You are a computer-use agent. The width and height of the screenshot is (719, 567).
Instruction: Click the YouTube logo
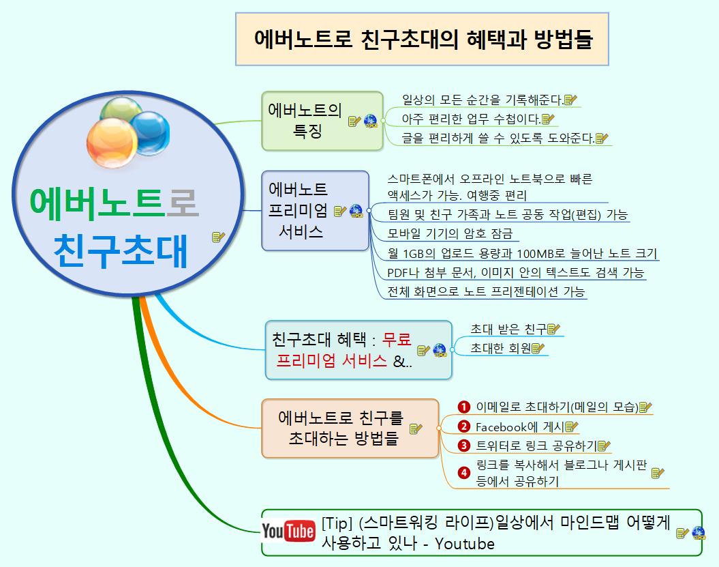pos(288,532)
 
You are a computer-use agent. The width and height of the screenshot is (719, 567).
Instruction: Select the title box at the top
pos(422,39)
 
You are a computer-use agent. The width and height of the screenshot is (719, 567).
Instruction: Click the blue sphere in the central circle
pos(150,132)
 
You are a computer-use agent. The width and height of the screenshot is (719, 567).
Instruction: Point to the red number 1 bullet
pos(464,407)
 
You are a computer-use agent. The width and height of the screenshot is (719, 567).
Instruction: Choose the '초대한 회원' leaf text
pos(500,349)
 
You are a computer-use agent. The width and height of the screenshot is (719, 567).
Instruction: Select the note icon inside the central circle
pos(218,237)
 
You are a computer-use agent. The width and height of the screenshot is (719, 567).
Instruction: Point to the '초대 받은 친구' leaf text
pos(508,330)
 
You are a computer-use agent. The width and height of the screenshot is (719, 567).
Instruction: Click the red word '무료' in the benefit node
pos(397,338)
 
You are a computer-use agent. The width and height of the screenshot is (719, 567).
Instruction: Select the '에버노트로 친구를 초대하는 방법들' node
pos(340,428)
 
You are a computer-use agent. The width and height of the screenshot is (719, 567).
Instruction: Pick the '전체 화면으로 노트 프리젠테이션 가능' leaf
pos(485,291)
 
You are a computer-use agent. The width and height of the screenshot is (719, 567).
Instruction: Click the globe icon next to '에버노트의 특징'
pos(371,121)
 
